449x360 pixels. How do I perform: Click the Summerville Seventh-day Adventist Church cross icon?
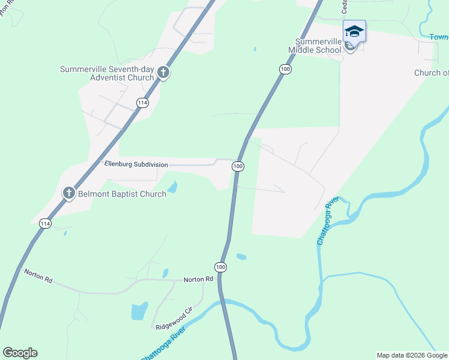[x=163, y=73]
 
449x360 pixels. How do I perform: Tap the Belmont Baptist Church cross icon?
[x=69, y=193]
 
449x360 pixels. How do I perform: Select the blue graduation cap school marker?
[x=354, y=31]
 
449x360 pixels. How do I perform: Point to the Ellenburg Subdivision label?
[x=136, y=164]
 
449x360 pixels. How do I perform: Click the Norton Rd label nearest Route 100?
[x=198, y=279]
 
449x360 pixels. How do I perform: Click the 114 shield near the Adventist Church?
[x=142, y=103]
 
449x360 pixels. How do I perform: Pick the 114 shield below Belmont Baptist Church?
[x=44, y=223]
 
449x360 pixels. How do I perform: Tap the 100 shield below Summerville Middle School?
[x=285, y=70]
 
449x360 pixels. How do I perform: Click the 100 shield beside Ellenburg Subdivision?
[x=238, y=166]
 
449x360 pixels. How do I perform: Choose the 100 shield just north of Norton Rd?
[x=220, y=266]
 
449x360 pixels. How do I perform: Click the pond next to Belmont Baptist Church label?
[x=172, y=187]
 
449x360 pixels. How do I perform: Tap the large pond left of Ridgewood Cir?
[x=139, y=311]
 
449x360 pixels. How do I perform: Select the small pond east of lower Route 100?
[x=241, y=257]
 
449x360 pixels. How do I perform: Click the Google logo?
[x=20, y=353]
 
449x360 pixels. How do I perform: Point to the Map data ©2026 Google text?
[x=411, y=355]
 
